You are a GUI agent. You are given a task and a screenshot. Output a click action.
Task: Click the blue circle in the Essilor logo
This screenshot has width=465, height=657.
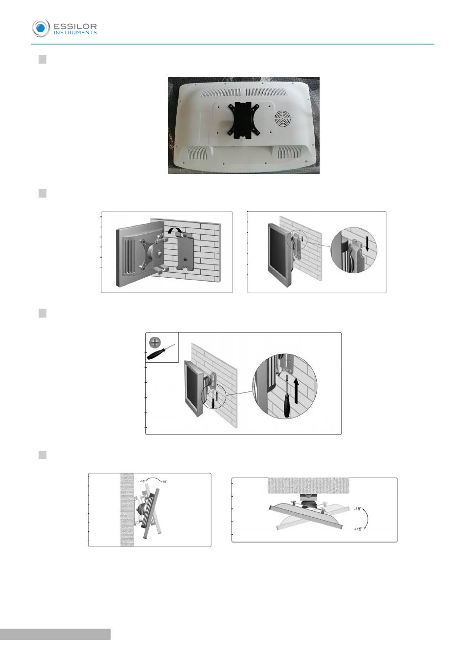41,28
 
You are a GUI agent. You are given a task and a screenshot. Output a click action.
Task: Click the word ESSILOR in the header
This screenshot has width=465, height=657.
75,26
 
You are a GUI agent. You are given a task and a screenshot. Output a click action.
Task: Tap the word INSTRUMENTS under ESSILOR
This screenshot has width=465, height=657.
75,33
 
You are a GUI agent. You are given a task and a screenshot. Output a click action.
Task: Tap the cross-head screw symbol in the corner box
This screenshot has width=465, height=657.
155,342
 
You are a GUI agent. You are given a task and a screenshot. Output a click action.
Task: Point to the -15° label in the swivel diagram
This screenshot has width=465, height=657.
357,509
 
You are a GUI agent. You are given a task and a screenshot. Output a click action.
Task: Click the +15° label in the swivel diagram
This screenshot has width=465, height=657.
358,529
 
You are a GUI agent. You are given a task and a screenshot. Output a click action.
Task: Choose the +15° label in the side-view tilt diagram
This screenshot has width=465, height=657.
164,482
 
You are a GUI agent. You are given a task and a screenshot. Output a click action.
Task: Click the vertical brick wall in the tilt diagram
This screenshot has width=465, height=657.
127,510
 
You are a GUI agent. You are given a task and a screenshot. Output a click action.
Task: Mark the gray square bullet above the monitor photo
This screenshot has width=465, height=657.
43,59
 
